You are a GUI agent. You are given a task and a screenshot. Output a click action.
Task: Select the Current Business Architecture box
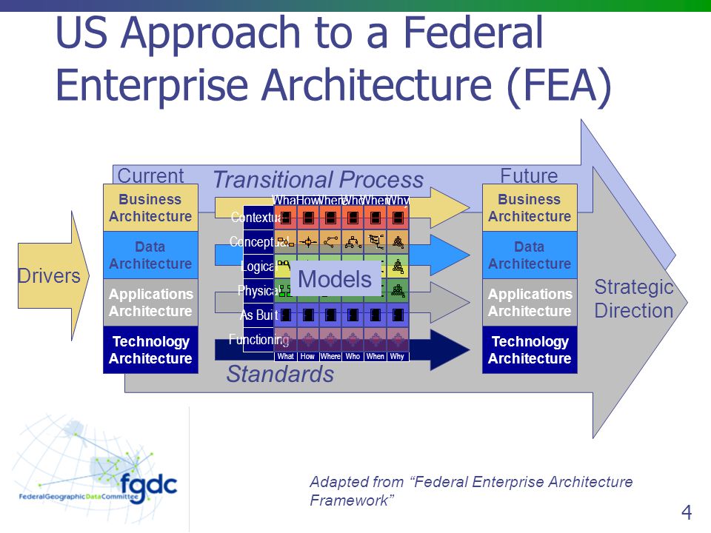coord(150,208)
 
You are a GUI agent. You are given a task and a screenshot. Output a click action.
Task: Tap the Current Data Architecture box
coord(150,255)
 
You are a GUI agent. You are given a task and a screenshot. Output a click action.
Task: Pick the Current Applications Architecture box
coord(150,302)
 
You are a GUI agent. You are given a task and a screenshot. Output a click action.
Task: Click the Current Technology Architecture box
coord(150,349)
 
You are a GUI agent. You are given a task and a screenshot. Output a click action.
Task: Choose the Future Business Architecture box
coord(530,208)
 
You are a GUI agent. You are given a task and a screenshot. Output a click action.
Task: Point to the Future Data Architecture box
coord(530,255)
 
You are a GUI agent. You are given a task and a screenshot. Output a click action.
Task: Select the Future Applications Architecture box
coord(530,302)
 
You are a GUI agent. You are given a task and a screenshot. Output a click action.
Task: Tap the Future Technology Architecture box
coord(530,349)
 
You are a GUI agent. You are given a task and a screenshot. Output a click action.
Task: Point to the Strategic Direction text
coord(634,298)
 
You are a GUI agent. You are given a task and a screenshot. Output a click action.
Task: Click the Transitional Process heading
coord(318,179)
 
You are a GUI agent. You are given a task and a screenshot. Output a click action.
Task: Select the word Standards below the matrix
coord(280,375)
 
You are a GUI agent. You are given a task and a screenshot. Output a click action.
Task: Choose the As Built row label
coord(258,315)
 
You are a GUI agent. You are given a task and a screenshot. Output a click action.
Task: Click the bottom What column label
coord(285,356)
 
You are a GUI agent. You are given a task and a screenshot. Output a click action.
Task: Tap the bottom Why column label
coord(398,356)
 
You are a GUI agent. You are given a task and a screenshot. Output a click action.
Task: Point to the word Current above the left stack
coord(150,176)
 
